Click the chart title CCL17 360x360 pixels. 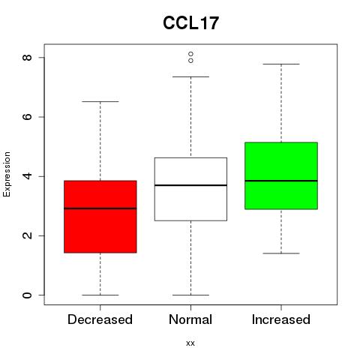(x=190, y=22)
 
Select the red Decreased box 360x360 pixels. (x=100, y=217)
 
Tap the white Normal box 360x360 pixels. (x=190, y=189)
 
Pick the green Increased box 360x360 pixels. (x=281, y=175)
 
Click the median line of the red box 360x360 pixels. (x=100, y=208)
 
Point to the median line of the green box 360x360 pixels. (x=281, y=181)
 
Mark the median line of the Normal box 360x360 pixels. (x=190, y=185)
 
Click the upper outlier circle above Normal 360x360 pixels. (x=190, y=54)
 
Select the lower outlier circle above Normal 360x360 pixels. (x=190, y=61)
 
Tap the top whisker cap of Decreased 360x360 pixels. (x=100, y=101)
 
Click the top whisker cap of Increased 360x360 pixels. (x=281, y=64)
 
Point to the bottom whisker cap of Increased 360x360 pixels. (x=281, y=253)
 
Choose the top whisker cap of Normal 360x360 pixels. (x=190, y=76)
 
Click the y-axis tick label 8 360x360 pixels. (x=27, y=58)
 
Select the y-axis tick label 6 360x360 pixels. (x=27, y=117)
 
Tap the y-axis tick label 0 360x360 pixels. (x=27, y=295)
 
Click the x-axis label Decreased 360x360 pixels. (x=100, y=319)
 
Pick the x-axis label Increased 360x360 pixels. (x=281, y=319)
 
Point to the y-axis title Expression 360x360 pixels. (x=7, y=174)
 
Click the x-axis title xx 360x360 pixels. (x=190, y=343)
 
